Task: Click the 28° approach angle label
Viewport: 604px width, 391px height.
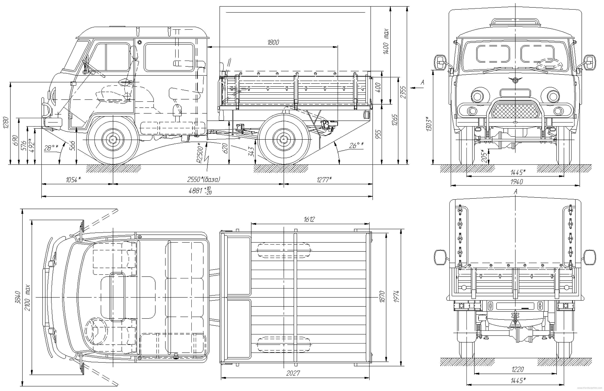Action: (51, 148)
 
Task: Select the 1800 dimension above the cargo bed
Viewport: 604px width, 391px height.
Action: (273, 42)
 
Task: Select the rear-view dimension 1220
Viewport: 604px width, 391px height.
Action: (517, 369)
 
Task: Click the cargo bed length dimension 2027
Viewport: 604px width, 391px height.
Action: (293, 373)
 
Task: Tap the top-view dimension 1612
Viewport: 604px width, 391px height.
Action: (309, 219)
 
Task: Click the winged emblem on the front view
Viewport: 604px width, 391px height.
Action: (515, 80)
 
